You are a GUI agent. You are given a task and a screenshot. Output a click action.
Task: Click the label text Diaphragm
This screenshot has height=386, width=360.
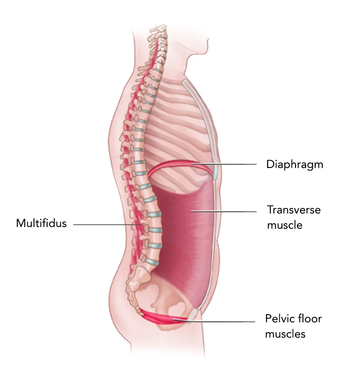[294, 164]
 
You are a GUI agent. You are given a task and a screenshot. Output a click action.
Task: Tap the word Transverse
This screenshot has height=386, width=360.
[294, 210]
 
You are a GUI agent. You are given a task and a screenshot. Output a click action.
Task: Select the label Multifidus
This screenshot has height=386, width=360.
[41, 223]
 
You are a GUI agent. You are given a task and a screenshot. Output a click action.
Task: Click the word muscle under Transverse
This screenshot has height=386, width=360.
[284, 225]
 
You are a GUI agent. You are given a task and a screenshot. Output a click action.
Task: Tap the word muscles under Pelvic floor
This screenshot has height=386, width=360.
[285, 334]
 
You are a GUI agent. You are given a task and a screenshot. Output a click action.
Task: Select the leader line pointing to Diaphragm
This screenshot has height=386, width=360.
[229, 164]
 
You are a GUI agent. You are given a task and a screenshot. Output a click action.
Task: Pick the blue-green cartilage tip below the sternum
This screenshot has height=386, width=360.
[215, 174]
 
